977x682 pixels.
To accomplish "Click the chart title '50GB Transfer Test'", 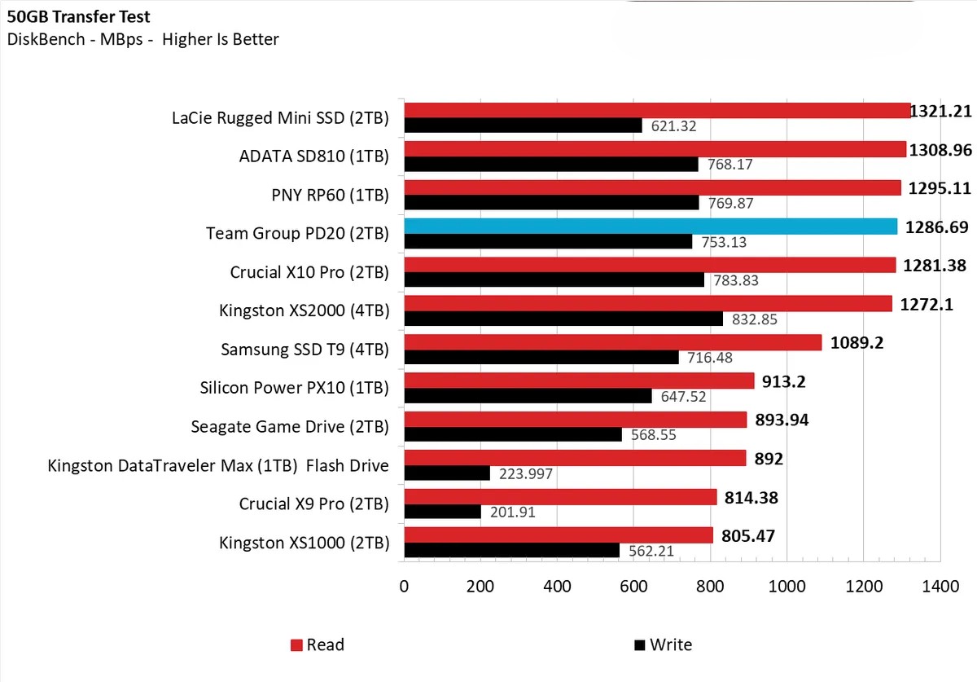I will tap(79, 16).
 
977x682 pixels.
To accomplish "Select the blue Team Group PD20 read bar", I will tap(651, 227).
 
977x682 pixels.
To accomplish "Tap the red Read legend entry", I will tap(318, 645).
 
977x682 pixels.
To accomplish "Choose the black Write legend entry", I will tap(663, 645).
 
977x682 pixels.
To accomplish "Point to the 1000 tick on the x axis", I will tap(787, 586).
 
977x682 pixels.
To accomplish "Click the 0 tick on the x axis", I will tap(405, 586).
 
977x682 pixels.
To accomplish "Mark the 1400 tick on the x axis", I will tap(940, 586).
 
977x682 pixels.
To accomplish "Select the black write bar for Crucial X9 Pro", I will tap(443, 512).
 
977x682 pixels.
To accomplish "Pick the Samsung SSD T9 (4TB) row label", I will tap(304, 350).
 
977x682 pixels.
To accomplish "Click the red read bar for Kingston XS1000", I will tap(559, 535).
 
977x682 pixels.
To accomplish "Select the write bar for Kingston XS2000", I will tap(563, 319).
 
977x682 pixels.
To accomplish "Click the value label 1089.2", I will tap(857, 343).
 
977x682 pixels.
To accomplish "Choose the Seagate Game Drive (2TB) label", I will tap(290, 426).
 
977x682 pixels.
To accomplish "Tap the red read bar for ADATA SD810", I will tap(655, 149).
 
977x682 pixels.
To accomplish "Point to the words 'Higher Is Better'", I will tap(221, 39).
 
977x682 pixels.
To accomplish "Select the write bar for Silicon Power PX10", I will tap(528, 396).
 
